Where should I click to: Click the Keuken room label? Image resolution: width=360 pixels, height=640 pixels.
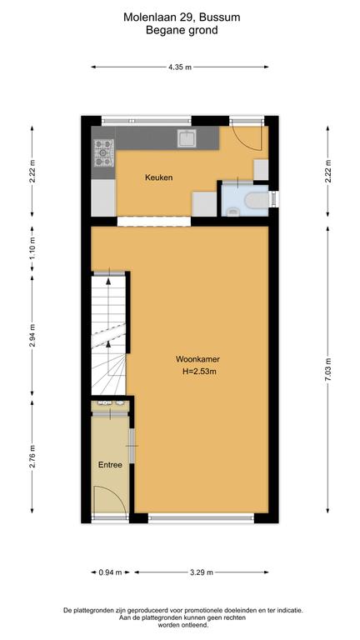tap(159, 177)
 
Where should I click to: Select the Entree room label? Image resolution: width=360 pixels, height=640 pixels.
tap(110, 465)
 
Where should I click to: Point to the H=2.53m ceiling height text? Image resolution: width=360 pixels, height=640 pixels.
tap(200, 372)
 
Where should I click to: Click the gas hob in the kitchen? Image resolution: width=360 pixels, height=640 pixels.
tap(103, 153)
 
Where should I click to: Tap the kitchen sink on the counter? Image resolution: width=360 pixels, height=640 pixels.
tap(187, 138)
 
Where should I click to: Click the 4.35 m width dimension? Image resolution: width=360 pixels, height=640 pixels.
tap(180, 67)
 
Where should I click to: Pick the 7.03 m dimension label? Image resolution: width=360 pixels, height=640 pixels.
tap(327, 369)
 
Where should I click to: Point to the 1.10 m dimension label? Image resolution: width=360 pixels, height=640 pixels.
tap(32, 249)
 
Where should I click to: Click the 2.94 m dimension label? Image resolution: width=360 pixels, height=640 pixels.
tap(32, 335)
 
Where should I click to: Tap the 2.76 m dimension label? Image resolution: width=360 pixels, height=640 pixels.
tap(32, 456)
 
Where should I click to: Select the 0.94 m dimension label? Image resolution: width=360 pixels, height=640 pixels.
tap(110, 572)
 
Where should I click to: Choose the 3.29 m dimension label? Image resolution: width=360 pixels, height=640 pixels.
tap(201, 572)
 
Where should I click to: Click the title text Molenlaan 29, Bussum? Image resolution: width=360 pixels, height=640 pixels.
tap(182, 17)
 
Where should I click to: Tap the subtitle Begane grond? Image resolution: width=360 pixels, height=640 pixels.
tap(182, 30)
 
